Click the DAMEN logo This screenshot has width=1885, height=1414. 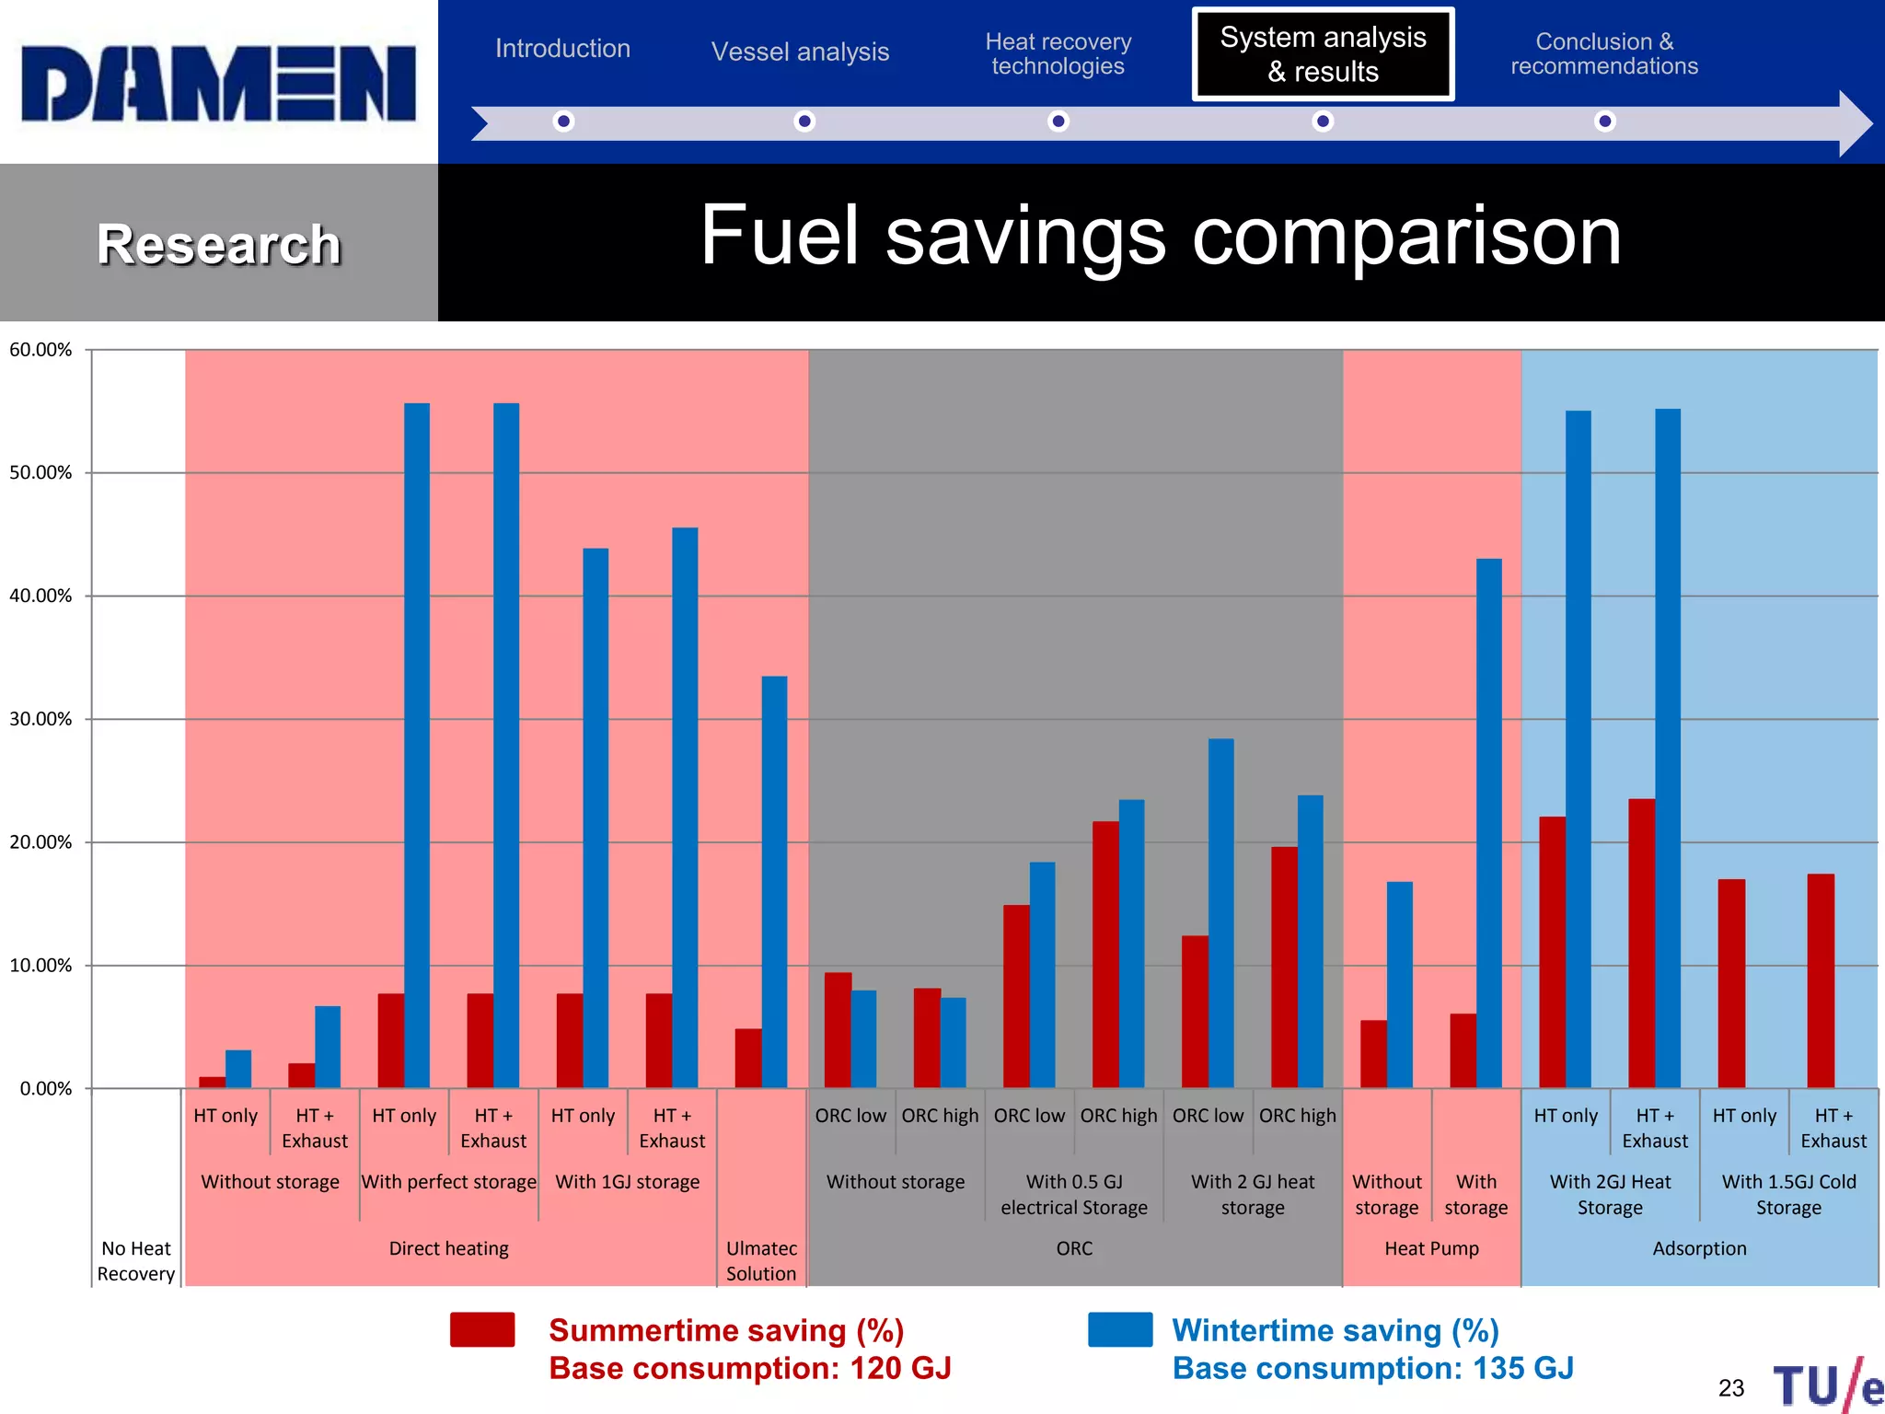point(218,83)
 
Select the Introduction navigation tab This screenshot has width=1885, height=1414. point(562,48)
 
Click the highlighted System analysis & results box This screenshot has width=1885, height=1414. point(1323,54)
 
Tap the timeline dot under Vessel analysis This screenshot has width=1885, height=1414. point(804,121)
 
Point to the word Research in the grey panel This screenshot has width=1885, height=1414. point(218,245)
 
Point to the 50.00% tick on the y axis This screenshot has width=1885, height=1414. point(40,472)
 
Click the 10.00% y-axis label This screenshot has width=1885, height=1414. point(40,965)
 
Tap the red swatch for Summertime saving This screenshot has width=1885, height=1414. point(482,1329)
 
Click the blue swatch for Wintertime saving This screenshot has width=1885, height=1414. point(1119,1329)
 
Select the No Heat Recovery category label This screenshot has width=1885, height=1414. point(136,1260)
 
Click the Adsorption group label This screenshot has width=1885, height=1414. point(1699,1248)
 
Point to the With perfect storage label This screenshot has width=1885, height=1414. point(448,1181)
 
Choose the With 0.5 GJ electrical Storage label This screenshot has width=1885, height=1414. point(1073,1194)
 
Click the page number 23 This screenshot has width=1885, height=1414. point(1730,1387)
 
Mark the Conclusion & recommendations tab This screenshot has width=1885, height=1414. point(1603,53)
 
